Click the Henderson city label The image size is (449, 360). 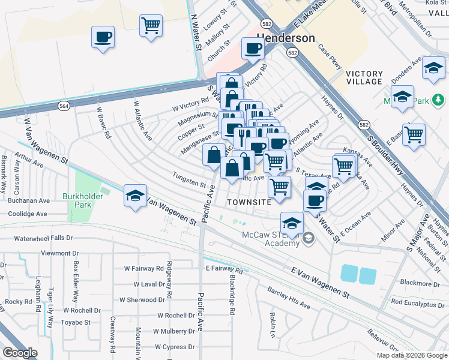[x=286, y=38]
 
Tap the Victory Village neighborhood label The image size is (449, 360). [x=364, y=77]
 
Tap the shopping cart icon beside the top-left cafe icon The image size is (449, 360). [x=151, y=25]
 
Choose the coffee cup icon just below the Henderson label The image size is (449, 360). [x=253, y=48]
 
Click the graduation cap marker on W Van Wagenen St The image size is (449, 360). [x=135, y=196]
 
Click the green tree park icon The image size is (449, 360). [x=438, y=100]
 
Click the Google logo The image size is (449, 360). [x=20, y=352]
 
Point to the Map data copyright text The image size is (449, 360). [x=411, y=355]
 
